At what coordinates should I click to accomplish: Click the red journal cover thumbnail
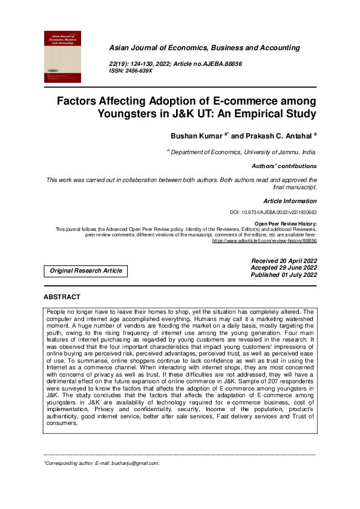coord(63,56)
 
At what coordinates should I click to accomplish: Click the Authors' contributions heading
coord(284,166)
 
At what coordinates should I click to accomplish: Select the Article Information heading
coord(290,201)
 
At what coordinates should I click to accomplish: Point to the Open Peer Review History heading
coord(285,224)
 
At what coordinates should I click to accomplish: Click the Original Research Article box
coord(86,271)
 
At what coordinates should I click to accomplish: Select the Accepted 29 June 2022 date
coord(284,268)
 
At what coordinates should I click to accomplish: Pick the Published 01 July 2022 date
coord(284,275)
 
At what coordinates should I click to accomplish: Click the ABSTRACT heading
coord(62,297)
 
